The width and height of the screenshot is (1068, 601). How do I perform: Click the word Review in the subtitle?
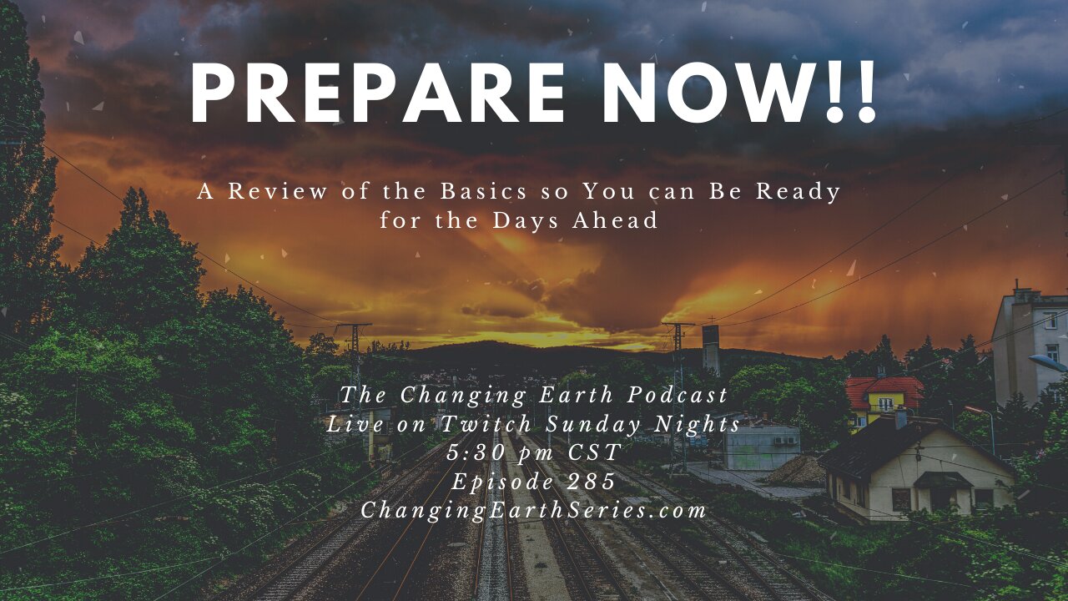tap(278, 192)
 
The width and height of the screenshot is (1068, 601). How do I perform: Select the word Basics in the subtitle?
tap(483, 192)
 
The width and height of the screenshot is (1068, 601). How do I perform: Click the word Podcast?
tap(678, 396)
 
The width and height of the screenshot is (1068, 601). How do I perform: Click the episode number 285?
tap(592, 482)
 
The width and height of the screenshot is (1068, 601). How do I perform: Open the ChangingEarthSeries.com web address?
tap(533, 511)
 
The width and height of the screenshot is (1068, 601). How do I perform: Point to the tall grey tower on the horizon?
tap(710, 349)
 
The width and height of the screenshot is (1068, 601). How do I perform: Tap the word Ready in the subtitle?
tap(798, 193)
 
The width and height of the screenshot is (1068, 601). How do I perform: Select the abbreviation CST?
tap(596, 452)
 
